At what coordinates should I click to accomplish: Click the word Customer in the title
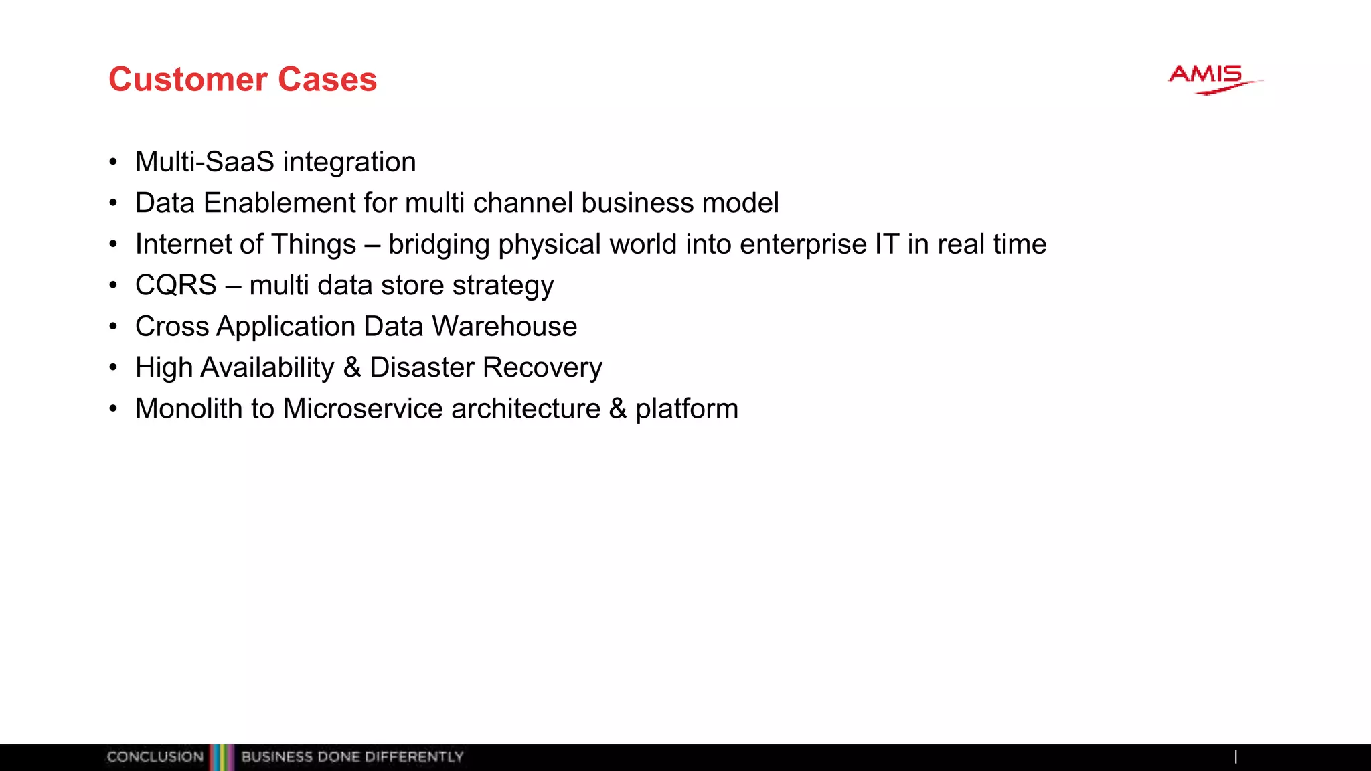point(188,80)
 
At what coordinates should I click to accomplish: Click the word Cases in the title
point(327,80)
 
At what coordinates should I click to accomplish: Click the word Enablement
point(279,203)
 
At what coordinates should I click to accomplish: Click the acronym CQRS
point(176,285)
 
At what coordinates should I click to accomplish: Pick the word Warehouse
point(505,327)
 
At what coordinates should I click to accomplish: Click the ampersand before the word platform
point(617,409)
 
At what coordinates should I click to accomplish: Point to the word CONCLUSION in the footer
point(155,757)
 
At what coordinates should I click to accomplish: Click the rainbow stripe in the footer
point(222,757)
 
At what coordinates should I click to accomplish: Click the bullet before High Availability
point(113,367)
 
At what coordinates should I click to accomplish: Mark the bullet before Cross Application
point(113,327)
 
